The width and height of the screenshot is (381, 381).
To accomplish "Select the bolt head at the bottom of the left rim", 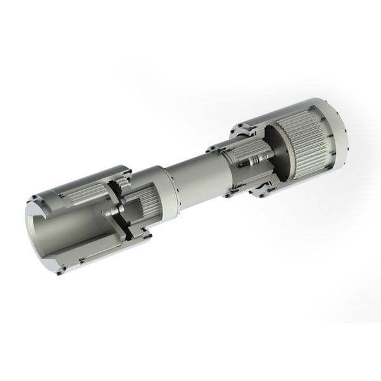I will (60, 272).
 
